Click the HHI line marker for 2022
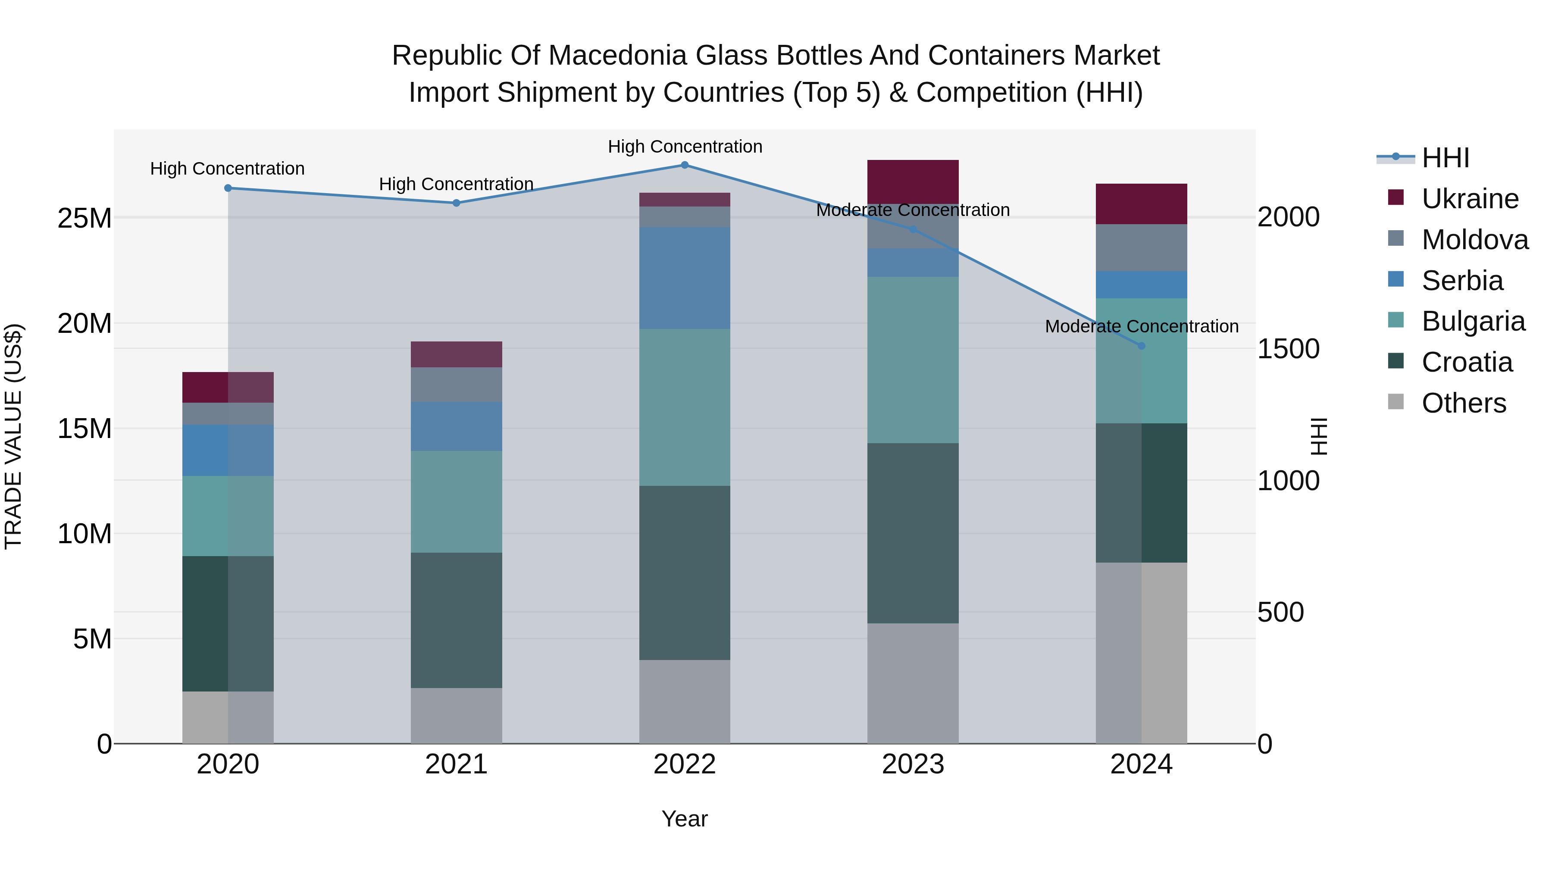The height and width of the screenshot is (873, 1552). click(685, 165)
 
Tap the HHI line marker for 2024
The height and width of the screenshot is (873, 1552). click(1141, 346)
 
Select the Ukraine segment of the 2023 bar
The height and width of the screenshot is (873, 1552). click(913, 181)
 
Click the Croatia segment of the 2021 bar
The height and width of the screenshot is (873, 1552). click(456, 620)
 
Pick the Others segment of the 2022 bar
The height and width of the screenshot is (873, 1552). click(685, 701)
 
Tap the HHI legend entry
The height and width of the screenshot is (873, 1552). click(1445, 158)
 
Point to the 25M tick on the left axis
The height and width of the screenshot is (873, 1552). click(84, 218)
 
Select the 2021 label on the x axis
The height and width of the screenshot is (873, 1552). click(456, 764)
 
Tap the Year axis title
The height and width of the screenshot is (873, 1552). click(685, 819)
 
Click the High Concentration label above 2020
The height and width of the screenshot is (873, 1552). click(227, 169)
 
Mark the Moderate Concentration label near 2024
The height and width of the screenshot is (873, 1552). click(1141, 326)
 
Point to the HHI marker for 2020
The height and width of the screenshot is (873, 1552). click(228, 188)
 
